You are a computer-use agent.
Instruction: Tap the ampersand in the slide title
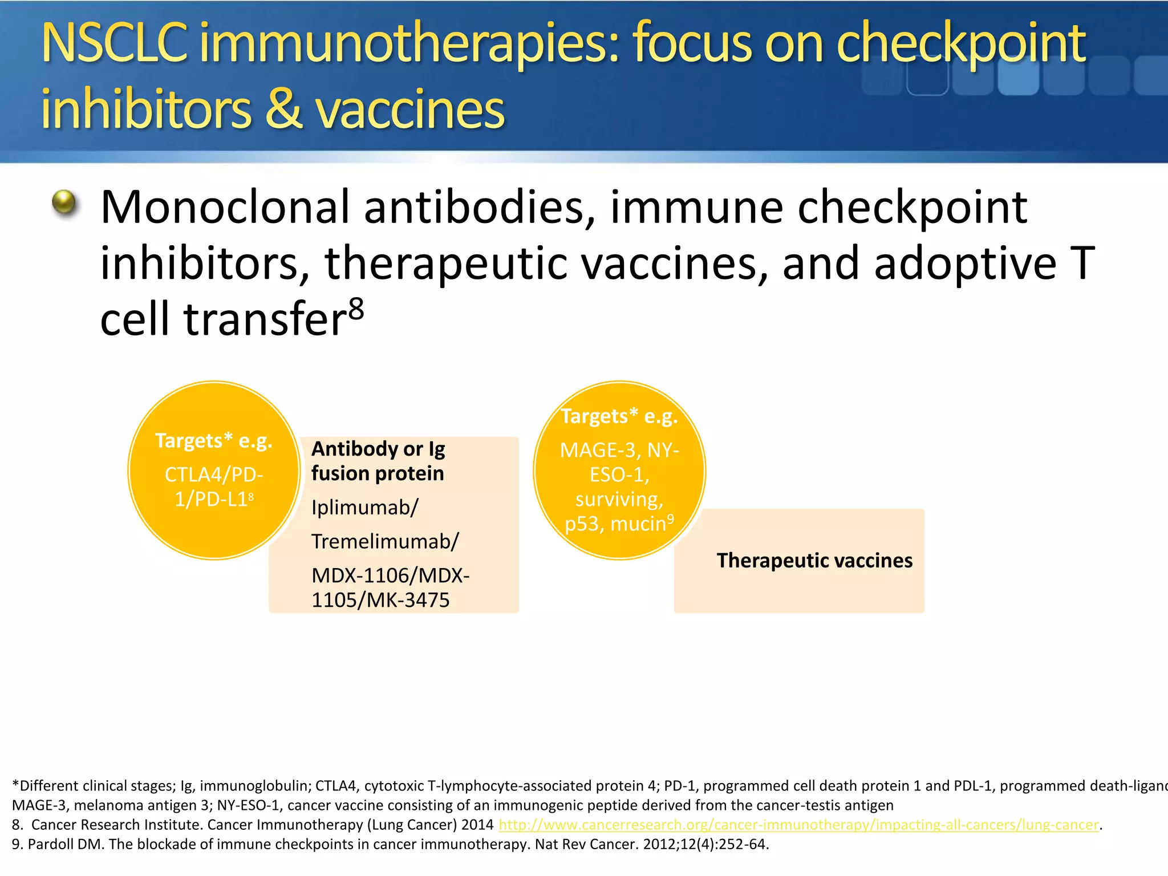coord(283,109)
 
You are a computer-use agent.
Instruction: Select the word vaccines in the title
coord(410,109)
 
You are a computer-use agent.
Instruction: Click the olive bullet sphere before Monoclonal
coord(64,202)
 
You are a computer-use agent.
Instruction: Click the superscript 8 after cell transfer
coord(356,310)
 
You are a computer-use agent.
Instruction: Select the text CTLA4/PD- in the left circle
coord(214,474)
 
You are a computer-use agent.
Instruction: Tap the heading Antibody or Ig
coord(378,449)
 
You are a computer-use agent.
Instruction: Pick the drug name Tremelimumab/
coord(384,541)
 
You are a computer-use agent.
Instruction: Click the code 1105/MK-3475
coord(380,600)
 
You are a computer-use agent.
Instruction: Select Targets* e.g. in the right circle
coord(619,416)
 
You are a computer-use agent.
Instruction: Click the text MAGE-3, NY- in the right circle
coord(619,451)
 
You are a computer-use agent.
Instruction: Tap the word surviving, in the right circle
coord(619,500)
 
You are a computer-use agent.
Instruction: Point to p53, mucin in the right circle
coord(615,524)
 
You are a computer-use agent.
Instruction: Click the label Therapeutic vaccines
coord(814,561)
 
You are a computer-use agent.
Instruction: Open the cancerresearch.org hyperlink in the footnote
coord(798,825)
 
